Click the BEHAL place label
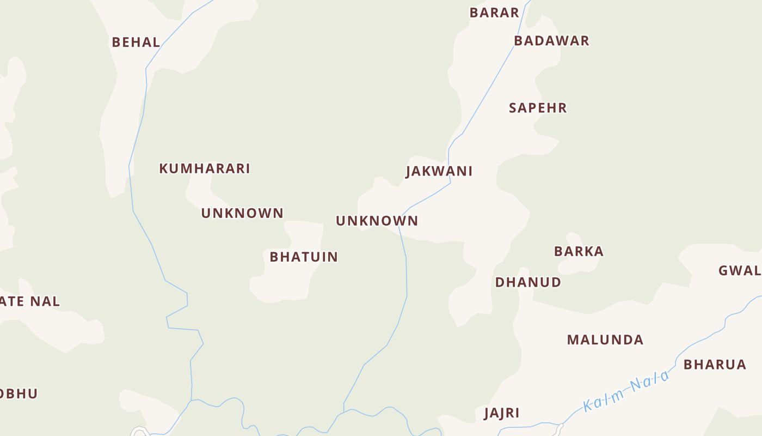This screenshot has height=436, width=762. tap(136, 42)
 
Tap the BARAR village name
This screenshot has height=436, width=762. tap(494, 13)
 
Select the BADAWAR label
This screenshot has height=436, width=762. tap(551, 41)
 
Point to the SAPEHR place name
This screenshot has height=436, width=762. tap(538, 108)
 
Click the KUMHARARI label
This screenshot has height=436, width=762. tap(204, 168)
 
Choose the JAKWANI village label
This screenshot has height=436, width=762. tap(439, 171)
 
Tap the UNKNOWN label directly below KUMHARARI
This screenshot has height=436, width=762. tap(242, 213)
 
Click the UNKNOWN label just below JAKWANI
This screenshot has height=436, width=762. tap(377, 221)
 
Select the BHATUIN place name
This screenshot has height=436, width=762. tap(304, 257)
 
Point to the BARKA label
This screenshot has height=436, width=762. tap(579, 251)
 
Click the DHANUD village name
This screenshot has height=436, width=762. tap(527, 282)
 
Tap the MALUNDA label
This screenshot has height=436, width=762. tap(605, 340)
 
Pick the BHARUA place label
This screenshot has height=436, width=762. tap(714, 365)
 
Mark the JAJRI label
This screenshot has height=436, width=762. tap(501, 413)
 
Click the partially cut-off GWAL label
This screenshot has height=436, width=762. tap(740, 270)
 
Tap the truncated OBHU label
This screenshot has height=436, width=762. tap(19, 393)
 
